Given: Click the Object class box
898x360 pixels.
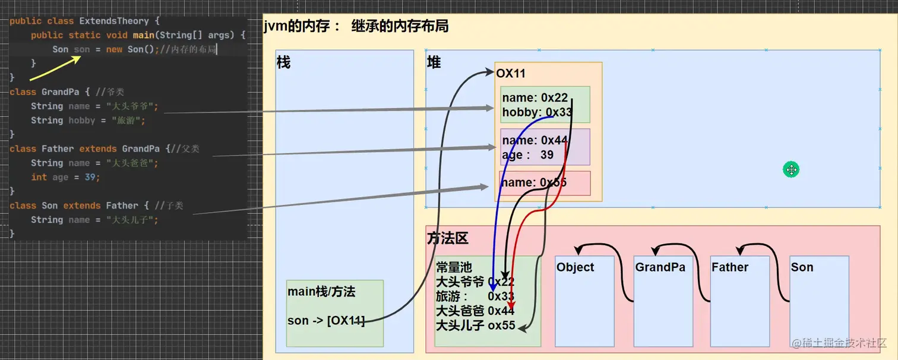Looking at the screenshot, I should [584, 301].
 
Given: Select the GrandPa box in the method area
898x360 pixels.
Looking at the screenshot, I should [663, 301].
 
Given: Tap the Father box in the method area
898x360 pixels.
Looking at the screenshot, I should [739, 301].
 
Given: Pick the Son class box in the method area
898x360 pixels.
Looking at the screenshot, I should [819, 301].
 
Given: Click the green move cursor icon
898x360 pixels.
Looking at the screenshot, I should [791, 170].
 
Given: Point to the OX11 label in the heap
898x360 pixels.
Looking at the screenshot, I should [511, 74].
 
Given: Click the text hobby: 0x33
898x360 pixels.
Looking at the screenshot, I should [536, 112].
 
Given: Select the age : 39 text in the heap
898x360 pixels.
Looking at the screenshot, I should [528, 155].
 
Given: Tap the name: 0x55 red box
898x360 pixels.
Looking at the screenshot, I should [545, 183].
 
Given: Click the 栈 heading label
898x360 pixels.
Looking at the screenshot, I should [284, 62].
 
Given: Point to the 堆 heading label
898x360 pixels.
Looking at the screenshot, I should [434, 62].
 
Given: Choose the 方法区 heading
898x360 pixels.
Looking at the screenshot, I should [448, 239].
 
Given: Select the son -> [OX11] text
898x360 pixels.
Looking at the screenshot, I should [325, 321].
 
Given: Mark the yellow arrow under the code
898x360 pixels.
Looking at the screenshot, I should [55, 68].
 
